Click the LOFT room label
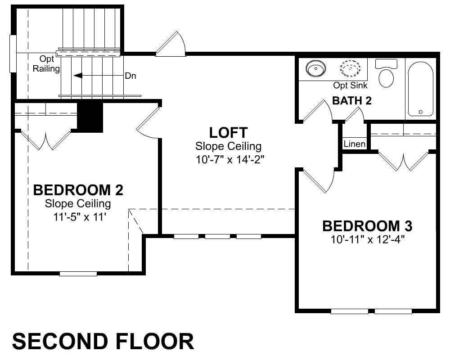point(228,133)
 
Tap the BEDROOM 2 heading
point(78,190)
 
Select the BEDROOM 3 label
point(367,226)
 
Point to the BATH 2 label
point(352,101)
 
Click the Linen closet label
point(355,144)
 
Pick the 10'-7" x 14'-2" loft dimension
point(229,159)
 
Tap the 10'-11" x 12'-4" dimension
point(368,239)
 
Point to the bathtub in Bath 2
point(420,89)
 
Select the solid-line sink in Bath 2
point(316,69)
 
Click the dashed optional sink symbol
point(350,69)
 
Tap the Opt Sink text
point(350,85)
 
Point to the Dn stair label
point(130,76)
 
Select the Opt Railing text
point(46,64)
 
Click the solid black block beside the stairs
point(90,117)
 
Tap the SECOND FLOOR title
point(103,342)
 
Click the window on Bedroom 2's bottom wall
point(78,274)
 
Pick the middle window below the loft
point(217,237)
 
